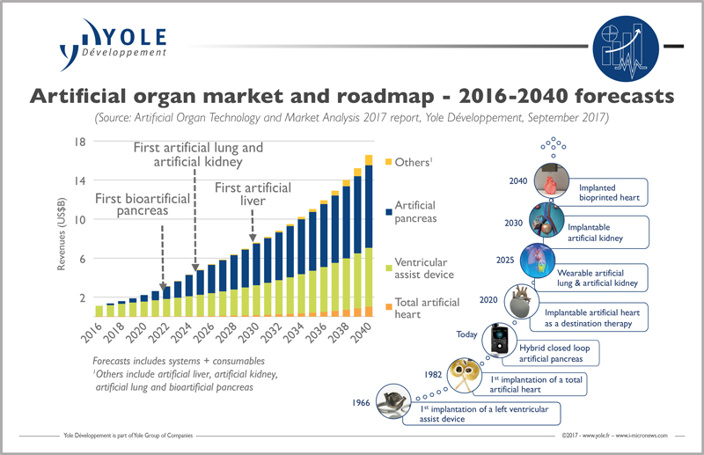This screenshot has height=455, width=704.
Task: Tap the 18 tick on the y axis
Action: coord(78,143)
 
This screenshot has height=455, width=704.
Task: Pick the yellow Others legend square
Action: coord(389,161)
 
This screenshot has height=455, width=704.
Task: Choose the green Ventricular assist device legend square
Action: coord(389,261)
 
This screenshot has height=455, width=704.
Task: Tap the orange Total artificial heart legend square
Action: coord(389,303)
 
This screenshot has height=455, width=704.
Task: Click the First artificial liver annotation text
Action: coord(253,194)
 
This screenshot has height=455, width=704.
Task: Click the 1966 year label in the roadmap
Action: coord(360,404)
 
